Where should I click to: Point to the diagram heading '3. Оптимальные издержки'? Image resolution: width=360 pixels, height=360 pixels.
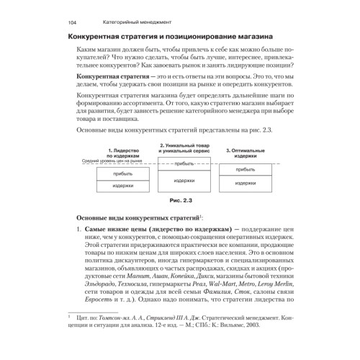click(245, 152)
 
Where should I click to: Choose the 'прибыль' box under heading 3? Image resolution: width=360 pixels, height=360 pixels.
click(246, 169)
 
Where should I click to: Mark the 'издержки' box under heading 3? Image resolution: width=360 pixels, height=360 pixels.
click(246, 183)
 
